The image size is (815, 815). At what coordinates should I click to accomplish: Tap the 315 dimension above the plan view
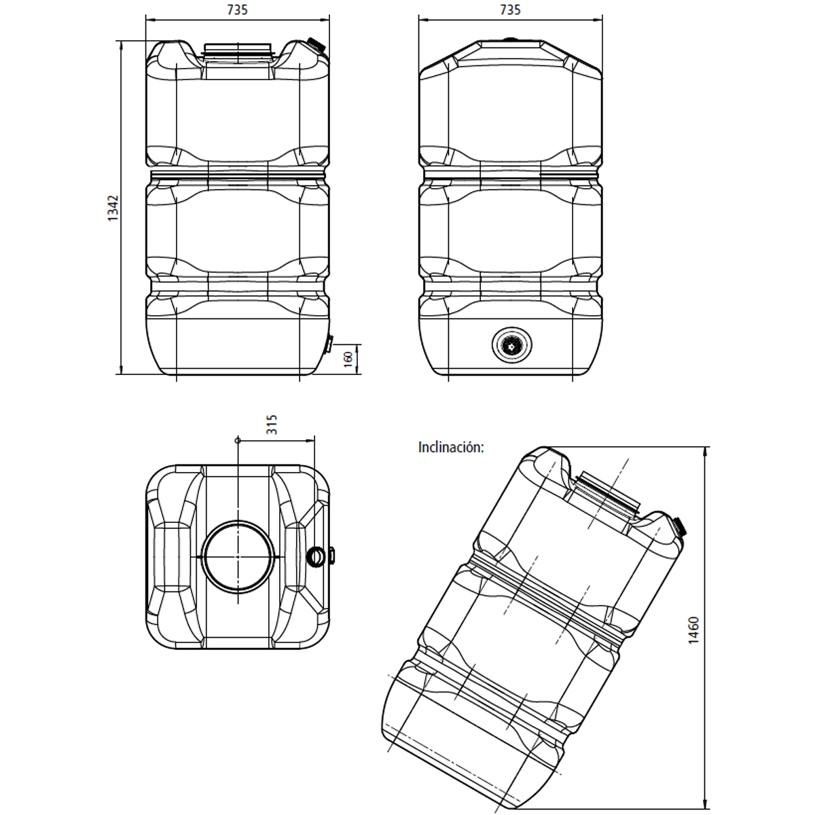(272, 425)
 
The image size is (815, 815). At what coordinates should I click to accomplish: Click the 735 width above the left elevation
(238, 10)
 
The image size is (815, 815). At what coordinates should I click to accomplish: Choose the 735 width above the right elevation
(510, 10)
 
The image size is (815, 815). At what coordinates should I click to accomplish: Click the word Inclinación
(451, 448)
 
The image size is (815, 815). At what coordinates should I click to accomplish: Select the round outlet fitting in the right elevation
(510, 346)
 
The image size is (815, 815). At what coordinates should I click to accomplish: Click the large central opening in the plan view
(238, 556)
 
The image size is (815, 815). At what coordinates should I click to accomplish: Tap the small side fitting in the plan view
(317, 556)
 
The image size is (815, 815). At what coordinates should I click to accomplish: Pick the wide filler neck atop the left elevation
(238, 50)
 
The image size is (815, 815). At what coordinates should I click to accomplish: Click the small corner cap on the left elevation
(314, 43)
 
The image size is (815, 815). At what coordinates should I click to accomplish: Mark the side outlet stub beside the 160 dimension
(328, 344)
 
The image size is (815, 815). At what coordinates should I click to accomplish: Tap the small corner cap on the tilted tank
(679, 525)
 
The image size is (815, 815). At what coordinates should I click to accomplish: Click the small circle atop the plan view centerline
(238, 440)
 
